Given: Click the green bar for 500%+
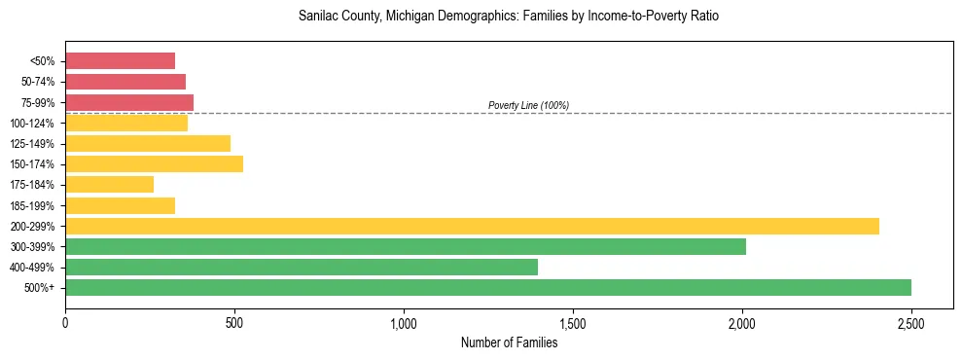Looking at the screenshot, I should pyautogui.click(x=487, y=287).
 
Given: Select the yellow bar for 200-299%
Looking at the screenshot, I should pyautogui.click(x=472, y=226).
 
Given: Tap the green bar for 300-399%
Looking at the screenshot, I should pyautogui.click(x=405, y=246).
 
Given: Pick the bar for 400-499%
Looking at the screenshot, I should pyautogui.click(x=301, y=267).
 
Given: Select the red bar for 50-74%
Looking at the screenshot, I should pyautogui.click(x=125, y=82).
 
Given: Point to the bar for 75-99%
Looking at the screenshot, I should pyautogui.click(x=128, y=102).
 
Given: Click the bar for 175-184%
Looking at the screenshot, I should pyautogui.click(x=109, y=184).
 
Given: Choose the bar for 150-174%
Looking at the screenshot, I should pyautogui.click(x=154, y=163).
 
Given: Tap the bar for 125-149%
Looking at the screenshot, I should pyautogui.click(x=147, y=143).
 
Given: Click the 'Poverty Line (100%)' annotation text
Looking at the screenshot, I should pyautogui.click(x=528, y=105).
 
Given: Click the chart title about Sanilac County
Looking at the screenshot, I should pyautogui.click(x=509, y=17).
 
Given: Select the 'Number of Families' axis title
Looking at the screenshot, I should pyautogui.click(x=509, y=342).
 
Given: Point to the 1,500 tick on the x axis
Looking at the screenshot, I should pyautogui.click(x=573, y=322).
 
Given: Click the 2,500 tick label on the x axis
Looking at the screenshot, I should pyautogui.click(x=910, y=322).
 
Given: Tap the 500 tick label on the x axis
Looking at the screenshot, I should pyautogui.click(x=234, y=322).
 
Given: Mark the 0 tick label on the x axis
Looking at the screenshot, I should pyautogui.click(x=65, y=322).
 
